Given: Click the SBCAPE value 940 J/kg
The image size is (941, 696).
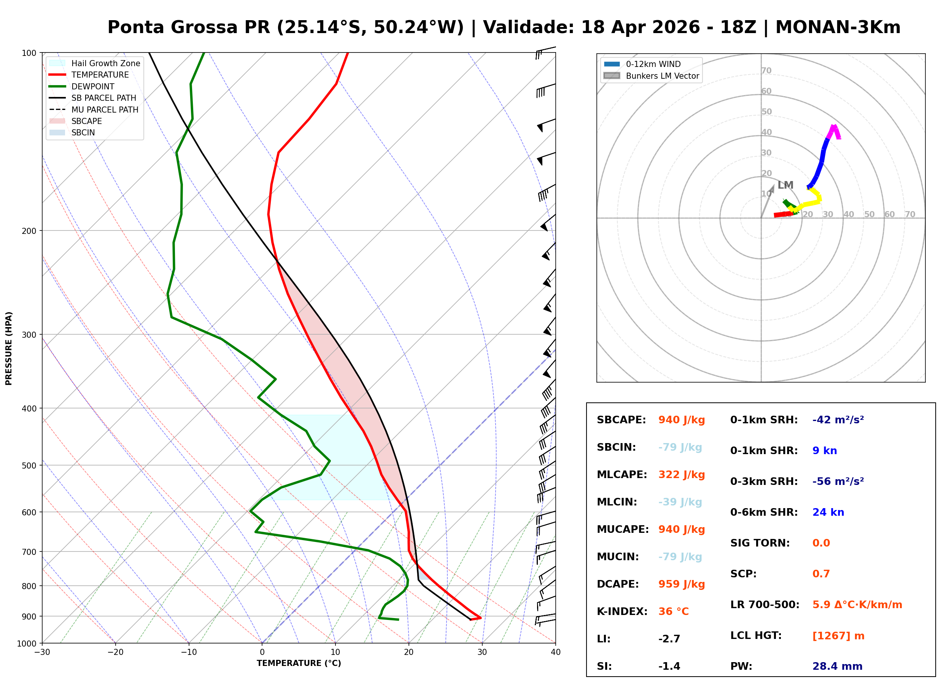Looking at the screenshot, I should coord(681,420).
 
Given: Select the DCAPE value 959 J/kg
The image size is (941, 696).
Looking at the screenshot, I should coord(681,584).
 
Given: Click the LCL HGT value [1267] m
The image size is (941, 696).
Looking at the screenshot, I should coord(838,636).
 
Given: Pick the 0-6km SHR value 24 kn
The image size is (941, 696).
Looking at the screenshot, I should coord(828,512).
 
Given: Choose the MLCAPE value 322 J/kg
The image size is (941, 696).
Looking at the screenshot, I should coord(681,475).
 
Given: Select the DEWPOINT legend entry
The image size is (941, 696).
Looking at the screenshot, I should coord(93,86).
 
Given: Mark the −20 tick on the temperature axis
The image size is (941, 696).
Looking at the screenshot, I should coord(115,652).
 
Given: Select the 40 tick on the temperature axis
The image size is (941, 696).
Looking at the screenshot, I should coord(555,652).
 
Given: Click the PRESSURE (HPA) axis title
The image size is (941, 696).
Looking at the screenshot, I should coord(8,348).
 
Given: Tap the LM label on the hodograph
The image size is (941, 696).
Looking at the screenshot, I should coord(785,185).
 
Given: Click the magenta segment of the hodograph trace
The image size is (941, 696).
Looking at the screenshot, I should coord(833,132).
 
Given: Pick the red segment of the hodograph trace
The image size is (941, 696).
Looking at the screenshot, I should coord(783,215).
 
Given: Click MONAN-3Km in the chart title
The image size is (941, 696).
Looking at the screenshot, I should coord(838,27).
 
